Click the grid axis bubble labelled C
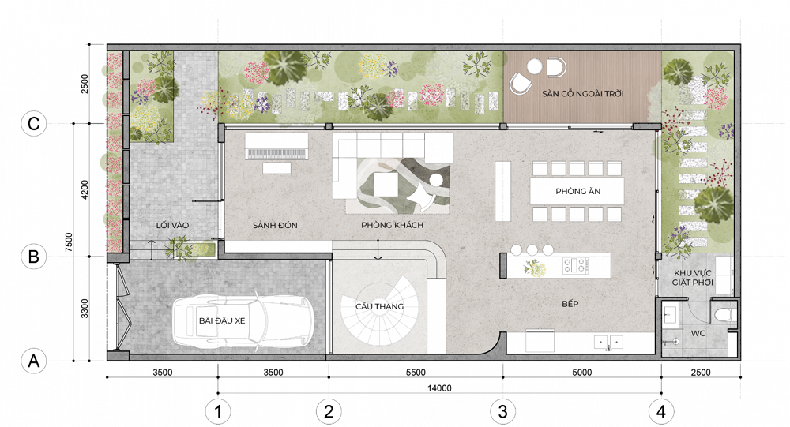tap(33, 124)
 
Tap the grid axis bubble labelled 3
tap(502, 412)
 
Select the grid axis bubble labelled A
tap(33, 361)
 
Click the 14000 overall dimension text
tap(439, 388)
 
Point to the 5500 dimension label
tap(416, 373)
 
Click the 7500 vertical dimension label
tap(69, 242)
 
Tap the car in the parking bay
tap(243, 321)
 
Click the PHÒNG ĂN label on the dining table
tap(578, 191)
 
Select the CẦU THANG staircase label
tap(379, 306)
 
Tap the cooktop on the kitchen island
tap(575, 265)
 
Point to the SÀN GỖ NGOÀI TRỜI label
tap(583, 94)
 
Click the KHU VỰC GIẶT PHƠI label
tap(693, 278)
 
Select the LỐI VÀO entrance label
tap(172, 225)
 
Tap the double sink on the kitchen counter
tap(608, 342)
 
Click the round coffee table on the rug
tap(436, 181)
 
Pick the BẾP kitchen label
tap(570, 304)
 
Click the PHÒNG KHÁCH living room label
tap(392, 225)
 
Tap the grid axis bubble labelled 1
tap(218, 412)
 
